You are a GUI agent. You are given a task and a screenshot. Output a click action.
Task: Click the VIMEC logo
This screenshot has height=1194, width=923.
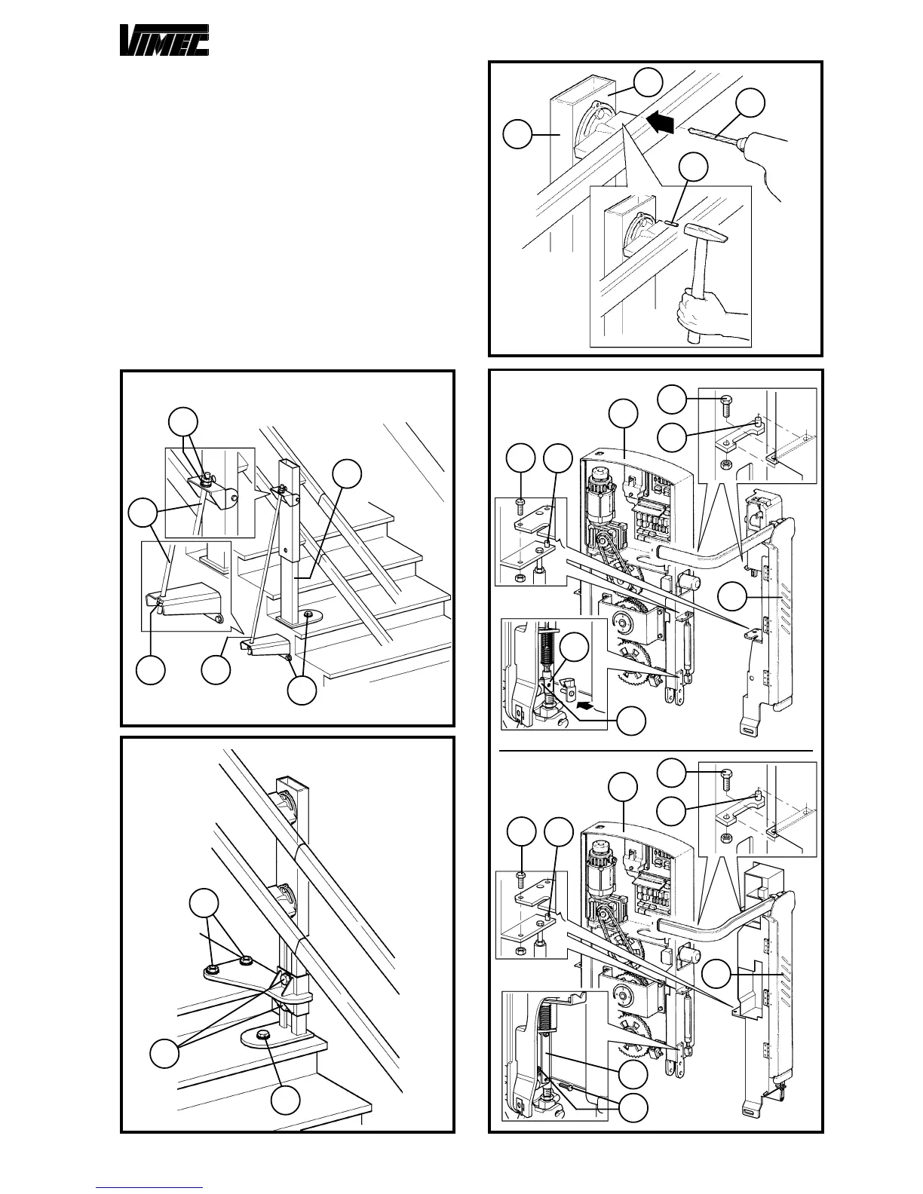tap(164, 40)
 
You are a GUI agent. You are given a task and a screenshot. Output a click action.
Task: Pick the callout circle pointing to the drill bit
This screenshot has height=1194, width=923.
tap(750, 105)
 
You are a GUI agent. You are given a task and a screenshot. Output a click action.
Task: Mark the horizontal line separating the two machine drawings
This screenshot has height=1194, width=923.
tap(656, 752)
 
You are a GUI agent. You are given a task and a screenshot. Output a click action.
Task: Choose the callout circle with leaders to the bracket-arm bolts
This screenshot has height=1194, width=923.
tap(204, 904)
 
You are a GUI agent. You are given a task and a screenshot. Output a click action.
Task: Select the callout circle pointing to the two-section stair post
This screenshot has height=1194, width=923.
tap(348, 473)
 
